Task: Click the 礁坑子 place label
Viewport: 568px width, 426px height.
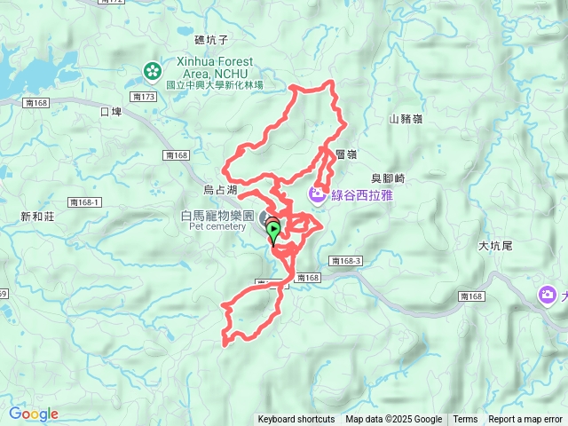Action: [211, 40]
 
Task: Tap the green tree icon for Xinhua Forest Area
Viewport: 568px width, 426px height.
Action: [153, 69]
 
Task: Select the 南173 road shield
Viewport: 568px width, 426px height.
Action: [143, 96]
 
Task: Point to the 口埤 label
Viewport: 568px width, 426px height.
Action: [111, 113]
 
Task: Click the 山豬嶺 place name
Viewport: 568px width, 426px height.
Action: [406, 119]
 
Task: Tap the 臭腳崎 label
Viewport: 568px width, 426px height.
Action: [388, 178]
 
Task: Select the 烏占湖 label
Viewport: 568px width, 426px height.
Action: [220, 190]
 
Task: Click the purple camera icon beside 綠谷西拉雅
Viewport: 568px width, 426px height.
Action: [317, 194]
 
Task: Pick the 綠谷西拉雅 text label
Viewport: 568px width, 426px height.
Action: [362, 194]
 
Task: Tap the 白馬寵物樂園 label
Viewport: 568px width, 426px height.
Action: [217, 216]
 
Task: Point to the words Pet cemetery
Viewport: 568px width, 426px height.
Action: [217, 227]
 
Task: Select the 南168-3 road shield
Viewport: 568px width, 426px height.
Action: [345, 261]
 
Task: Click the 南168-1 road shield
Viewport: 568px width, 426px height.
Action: [85, 202]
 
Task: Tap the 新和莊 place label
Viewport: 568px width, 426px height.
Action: [37, 217]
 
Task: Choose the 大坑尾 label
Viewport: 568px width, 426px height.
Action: [496, 246]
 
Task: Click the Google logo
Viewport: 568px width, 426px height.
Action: [33, 414]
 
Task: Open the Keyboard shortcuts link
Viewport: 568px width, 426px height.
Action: [296, 420]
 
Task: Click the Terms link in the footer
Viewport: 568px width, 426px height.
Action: [465, 420]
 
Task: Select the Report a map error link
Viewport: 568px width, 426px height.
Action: [525, 420]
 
